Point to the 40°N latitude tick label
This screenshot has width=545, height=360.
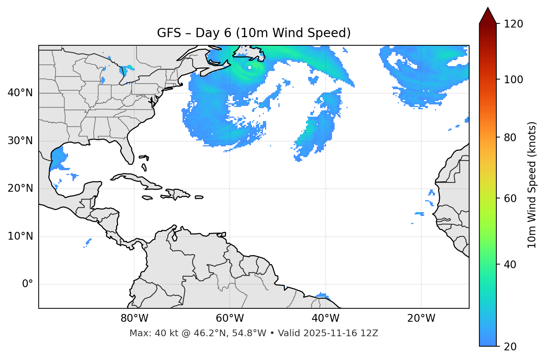tap(20, 93)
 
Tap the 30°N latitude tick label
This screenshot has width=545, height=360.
tap(20, 141)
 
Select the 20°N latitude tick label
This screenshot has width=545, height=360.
tap(20, 188)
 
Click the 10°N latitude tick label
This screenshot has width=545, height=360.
tap(20, 236)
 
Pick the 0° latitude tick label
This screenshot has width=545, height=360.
tap(27, 284)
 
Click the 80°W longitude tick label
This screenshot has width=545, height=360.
tap(134, 318)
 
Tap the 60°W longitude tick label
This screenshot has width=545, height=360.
tap(230, 318)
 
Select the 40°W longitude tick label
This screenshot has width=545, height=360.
tap(325, 318)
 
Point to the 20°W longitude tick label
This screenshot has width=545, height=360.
tap(421, 318)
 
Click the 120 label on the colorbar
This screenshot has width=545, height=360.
tap(513, 24)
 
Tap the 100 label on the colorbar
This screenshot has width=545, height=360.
tap(513, 80)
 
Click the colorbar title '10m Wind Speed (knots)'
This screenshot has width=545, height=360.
tap(532, 185)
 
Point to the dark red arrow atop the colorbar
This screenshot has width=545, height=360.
tap(488, 16)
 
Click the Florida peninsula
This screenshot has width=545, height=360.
tap(127, 150)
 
